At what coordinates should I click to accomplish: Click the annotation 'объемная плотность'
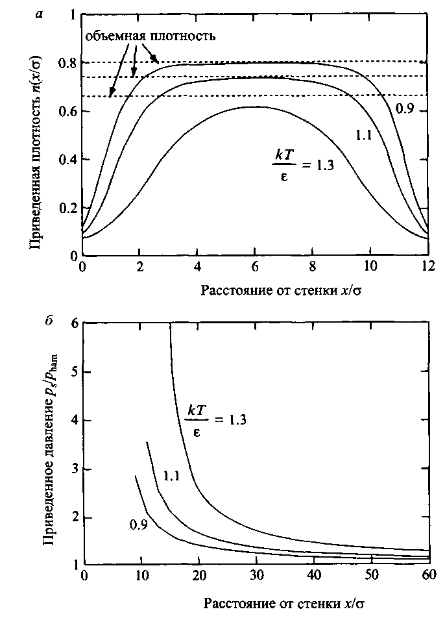point(150,36)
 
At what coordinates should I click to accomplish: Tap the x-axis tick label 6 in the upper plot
point(254,267)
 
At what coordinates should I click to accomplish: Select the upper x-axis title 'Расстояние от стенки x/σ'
point(281,290)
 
